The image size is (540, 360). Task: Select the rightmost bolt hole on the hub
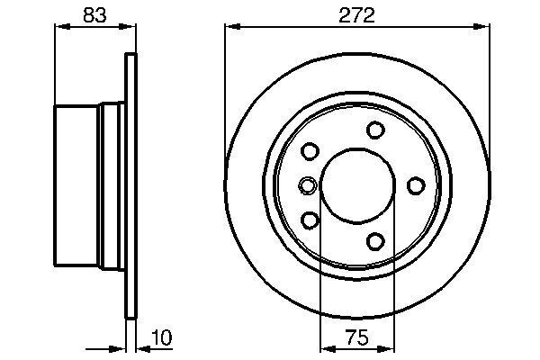416,185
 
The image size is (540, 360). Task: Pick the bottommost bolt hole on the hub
376,240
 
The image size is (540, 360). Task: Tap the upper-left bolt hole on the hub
310,151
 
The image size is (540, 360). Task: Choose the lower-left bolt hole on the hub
310,220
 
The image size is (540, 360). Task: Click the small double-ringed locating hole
308,186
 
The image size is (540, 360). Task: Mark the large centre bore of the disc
356,185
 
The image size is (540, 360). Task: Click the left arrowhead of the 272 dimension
229,28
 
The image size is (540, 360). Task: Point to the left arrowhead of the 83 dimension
61,28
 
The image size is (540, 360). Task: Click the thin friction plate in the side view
130,185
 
